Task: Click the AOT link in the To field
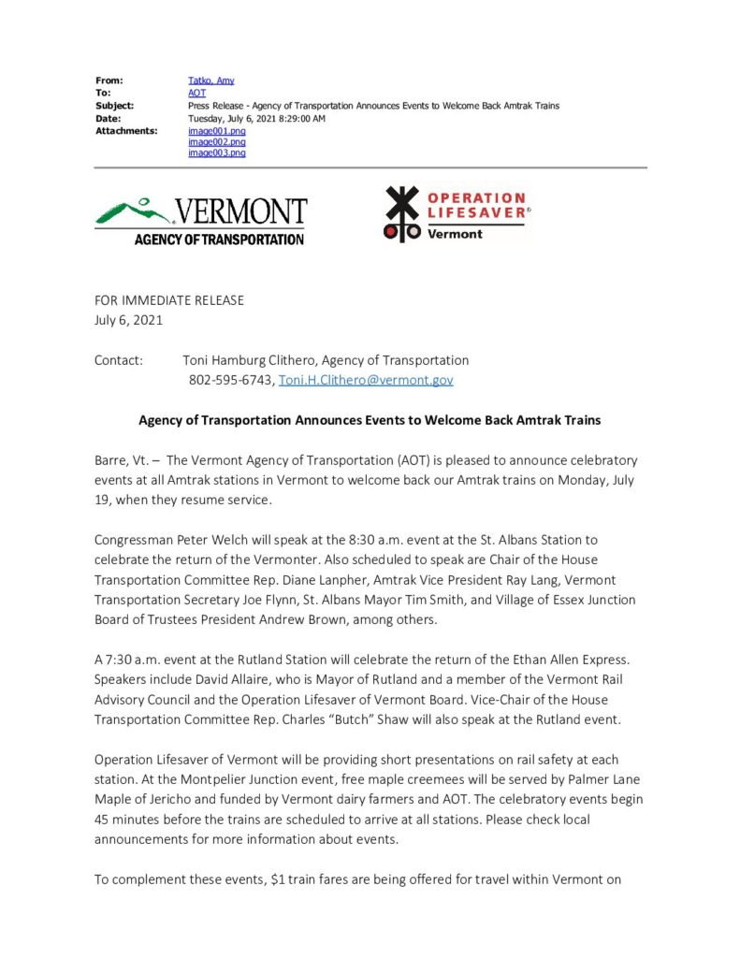point(196,94)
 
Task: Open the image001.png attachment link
point(216,131)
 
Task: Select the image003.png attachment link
point(216,152)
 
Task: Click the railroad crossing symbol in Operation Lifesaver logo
point(401,212)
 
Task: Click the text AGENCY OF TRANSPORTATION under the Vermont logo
point(219,239)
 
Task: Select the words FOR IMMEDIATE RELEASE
point(168,300)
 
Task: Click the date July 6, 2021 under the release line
point(128,320)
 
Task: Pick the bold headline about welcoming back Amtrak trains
point(370,420)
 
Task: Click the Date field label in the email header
point(109,119)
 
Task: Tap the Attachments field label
point(125,131)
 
